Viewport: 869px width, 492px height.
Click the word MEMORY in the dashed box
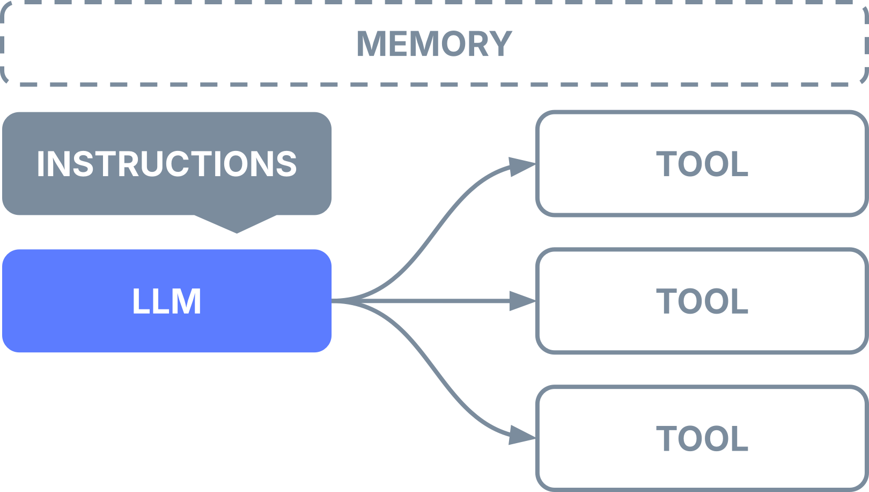pyautogui.click(x=434, y=44)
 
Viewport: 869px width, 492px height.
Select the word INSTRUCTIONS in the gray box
pyautogui.click(x=167, y=164)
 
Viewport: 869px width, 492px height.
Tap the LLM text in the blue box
pyautogui.click(x=167, y=301)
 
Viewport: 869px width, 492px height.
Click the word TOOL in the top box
pyautogui.click(x=702, y=164)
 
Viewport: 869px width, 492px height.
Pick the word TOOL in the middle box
pyautogui.click(x=702, y=301)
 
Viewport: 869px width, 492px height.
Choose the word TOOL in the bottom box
pyautogui.click(x=702, y=439)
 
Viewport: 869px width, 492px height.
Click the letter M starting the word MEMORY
pyautogui.click(x=371, y=44)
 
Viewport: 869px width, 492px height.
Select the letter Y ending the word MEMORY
pyautogui.click(x=500, y=44)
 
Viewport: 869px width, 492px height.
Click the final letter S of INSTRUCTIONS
pyautogui.click(x=286, y=164)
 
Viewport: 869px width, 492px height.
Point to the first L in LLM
pyautogui.click(x=140, y=301)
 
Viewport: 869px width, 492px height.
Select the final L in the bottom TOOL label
pyautogui.click(x=740, y=439)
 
